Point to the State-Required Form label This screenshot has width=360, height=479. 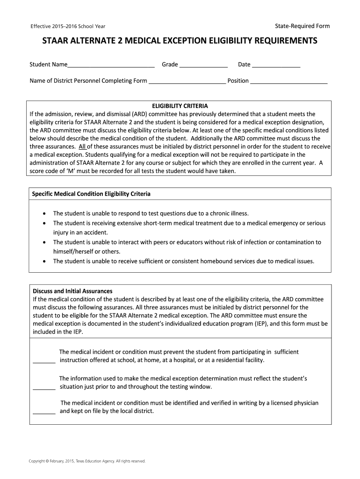tap(302, 26)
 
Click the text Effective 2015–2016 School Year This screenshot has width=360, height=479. tap(71, 26)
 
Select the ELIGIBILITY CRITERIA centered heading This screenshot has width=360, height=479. tap(180, 106)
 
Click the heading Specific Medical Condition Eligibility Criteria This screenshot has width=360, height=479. tap(91, 194)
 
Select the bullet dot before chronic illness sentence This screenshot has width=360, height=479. tap(44, 213)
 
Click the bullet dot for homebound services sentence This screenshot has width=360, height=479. tap(44, 261)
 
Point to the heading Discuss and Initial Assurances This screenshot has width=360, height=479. tap(72, 291)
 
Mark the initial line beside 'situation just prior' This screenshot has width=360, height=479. tap(44, 388)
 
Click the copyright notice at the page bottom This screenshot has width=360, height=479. tap(87, 461)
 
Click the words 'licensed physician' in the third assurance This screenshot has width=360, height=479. tap(295, 403)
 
